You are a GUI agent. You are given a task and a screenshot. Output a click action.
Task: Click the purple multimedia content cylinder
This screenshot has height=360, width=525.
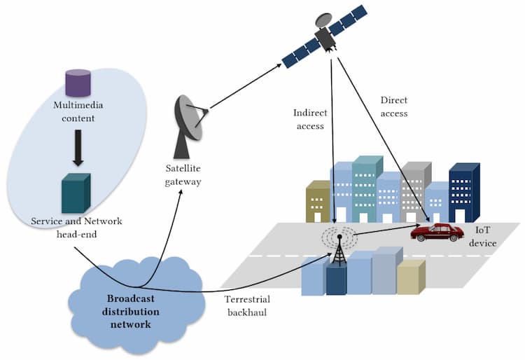point(78,83)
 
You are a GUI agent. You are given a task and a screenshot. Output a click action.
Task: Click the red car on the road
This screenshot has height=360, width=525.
point(437,232)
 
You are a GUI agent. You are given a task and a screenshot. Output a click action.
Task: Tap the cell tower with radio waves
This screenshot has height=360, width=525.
point(339,249)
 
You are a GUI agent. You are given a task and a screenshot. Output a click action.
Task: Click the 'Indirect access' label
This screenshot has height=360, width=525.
point(310,119)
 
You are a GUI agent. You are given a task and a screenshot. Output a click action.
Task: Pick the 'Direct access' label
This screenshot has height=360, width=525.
point(393,106)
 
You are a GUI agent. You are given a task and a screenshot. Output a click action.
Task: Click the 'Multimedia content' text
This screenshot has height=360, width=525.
point(77,111)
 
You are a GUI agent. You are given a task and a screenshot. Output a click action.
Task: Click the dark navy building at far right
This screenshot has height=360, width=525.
point(463,193)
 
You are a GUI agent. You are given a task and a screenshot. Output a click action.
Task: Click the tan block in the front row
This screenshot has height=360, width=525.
point(410,277)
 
